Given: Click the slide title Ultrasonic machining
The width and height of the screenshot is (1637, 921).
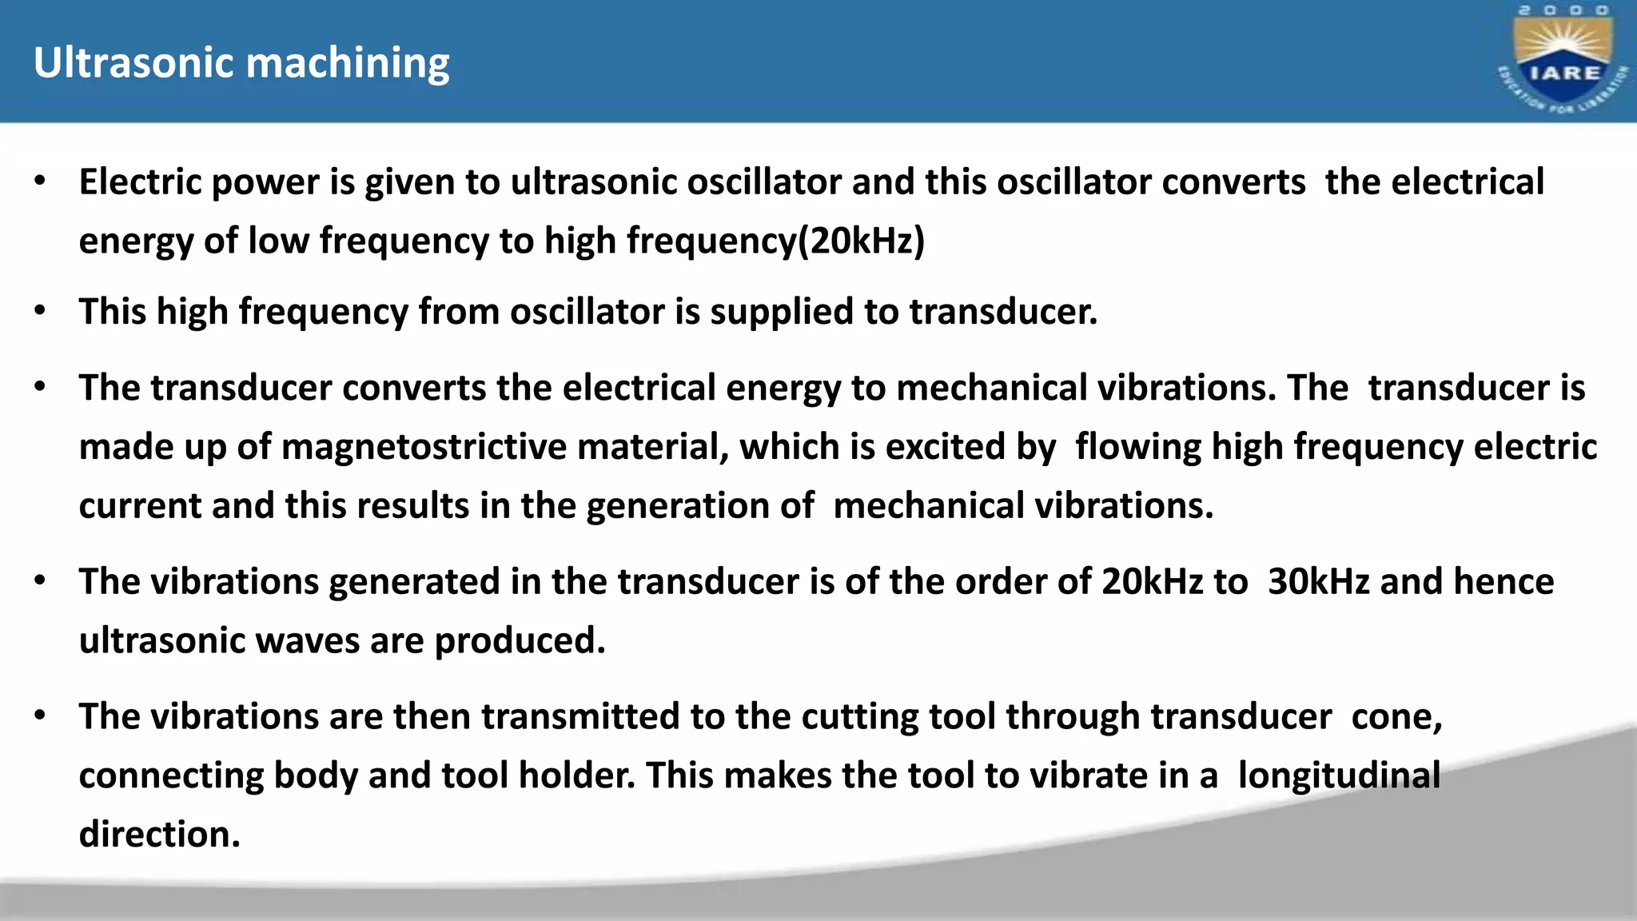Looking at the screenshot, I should (241, 62).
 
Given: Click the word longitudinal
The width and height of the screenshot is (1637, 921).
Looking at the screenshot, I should (1339, 775).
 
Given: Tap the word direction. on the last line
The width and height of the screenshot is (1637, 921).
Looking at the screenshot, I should (159, 835).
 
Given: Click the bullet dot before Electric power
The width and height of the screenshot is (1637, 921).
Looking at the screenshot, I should (41, 181).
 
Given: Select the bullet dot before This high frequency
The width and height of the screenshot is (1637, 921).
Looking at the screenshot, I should (41, 311).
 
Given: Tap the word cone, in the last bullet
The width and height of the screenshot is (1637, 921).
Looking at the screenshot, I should (1396, 716).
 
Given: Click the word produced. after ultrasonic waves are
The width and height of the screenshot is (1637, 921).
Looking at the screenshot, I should (520, 641).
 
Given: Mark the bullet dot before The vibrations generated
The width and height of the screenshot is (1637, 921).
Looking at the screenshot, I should (41, 581).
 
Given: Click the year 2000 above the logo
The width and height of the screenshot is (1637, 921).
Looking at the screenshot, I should (1563, 10).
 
